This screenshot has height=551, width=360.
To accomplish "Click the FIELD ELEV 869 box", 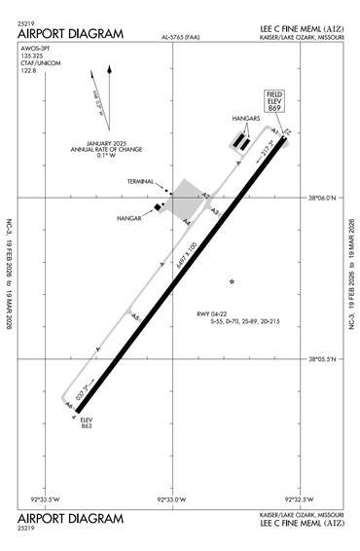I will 275,102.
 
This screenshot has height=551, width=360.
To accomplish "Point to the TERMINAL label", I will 141,181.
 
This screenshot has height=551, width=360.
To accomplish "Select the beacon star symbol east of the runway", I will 232,282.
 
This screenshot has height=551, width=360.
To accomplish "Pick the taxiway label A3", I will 214,210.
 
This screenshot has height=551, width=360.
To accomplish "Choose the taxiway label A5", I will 135,317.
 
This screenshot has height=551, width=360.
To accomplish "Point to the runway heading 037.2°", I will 83,391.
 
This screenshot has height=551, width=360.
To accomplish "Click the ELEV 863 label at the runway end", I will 86,422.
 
